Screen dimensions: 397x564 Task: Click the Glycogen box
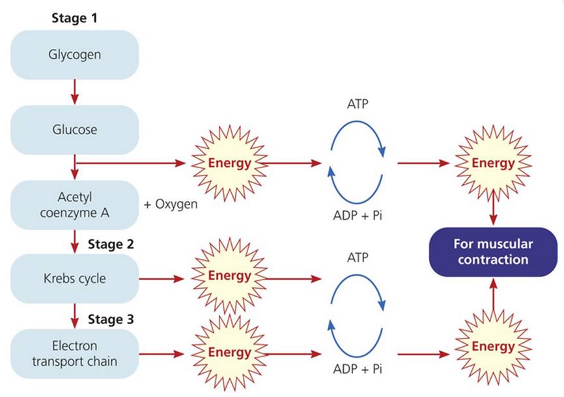[74, 55]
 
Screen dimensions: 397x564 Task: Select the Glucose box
[74, 129]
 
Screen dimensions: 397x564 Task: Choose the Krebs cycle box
[74, 279]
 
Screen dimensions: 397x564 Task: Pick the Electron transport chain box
[74, 354]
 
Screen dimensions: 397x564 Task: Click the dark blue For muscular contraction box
[493, 252]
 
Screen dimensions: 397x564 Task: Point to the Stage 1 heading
[74, 17]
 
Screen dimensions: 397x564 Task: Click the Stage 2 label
[110, 245]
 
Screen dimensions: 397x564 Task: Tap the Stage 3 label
[110, 319]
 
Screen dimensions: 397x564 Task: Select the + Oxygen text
[171, 203]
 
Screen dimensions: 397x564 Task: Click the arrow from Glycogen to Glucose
[74, 92]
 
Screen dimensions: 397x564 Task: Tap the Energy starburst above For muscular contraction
[493, 163]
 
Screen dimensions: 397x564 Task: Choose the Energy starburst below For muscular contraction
[493, 346]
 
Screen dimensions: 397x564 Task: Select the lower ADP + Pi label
[357, 368]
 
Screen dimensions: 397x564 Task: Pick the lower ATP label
[357, 257]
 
